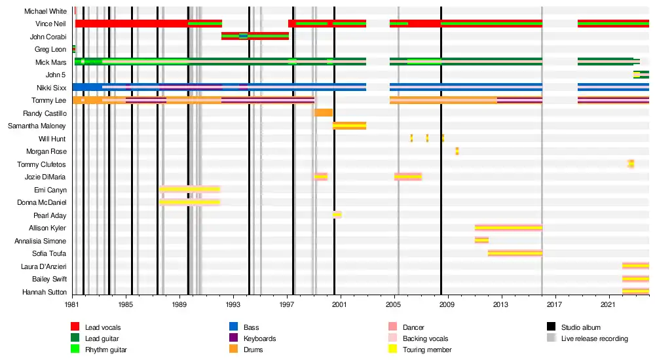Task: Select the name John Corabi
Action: pos(48,37)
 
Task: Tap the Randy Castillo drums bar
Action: pos(324,113)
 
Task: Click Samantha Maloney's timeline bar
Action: pos(349,126)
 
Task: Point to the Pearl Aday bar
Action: pos(337,215)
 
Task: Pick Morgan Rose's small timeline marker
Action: pos(457,151)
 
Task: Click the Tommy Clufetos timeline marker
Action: pos(631,164)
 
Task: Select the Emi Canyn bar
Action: pos(189,189)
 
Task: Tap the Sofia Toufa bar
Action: pos(515,253)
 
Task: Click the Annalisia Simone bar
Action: pos(481,240)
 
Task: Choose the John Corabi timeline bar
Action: pos(255,36)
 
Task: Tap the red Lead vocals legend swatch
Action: pos(75,327)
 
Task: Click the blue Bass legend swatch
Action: pos(233,327)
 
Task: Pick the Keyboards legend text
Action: pos(259,339)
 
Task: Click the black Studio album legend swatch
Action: pos(551,327)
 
